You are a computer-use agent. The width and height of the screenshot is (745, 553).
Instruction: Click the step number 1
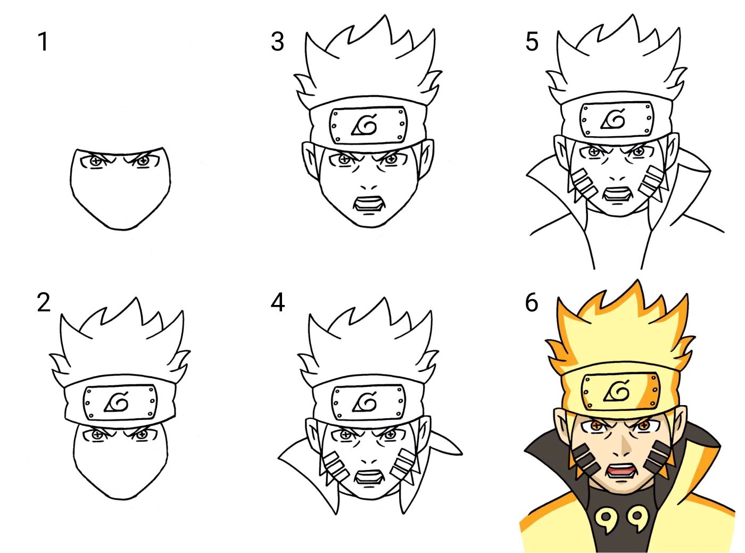point(43,42)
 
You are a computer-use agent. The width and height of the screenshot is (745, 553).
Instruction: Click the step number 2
point(44,303)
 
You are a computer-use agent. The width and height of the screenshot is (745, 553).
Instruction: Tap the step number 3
point(277,42)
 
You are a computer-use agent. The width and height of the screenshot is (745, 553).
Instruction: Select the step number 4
point(277,303)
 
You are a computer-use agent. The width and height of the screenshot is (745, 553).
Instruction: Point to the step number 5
point(532,42)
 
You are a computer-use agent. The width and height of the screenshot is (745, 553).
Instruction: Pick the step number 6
point(532,303)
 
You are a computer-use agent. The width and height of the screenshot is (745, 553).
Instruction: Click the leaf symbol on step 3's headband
point(364,125)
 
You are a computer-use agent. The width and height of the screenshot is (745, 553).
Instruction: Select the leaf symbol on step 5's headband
point(614,119)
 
